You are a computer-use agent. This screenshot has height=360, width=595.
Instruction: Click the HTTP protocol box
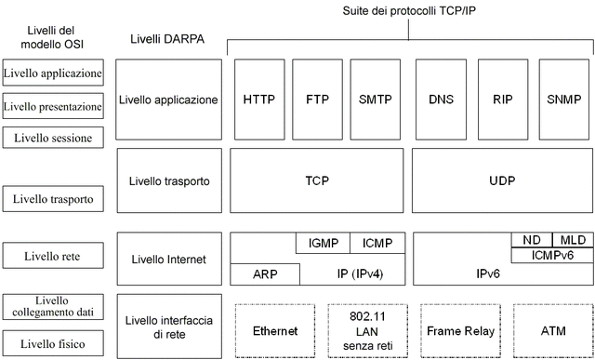258,99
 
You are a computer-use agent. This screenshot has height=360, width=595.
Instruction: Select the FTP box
317,99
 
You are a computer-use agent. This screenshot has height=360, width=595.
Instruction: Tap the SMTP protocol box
377,99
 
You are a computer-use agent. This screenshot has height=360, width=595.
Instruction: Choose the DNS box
441,99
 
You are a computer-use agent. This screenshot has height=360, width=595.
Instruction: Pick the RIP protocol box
502,99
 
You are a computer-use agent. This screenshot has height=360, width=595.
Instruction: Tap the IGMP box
323,243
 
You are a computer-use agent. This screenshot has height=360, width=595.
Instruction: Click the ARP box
265,274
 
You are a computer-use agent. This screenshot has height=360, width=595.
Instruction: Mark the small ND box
531,239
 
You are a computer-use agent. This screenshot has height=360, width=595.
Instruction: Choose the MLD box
572,239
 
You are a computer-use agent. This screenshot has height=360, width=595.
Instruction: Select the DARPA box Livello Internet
169,259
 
